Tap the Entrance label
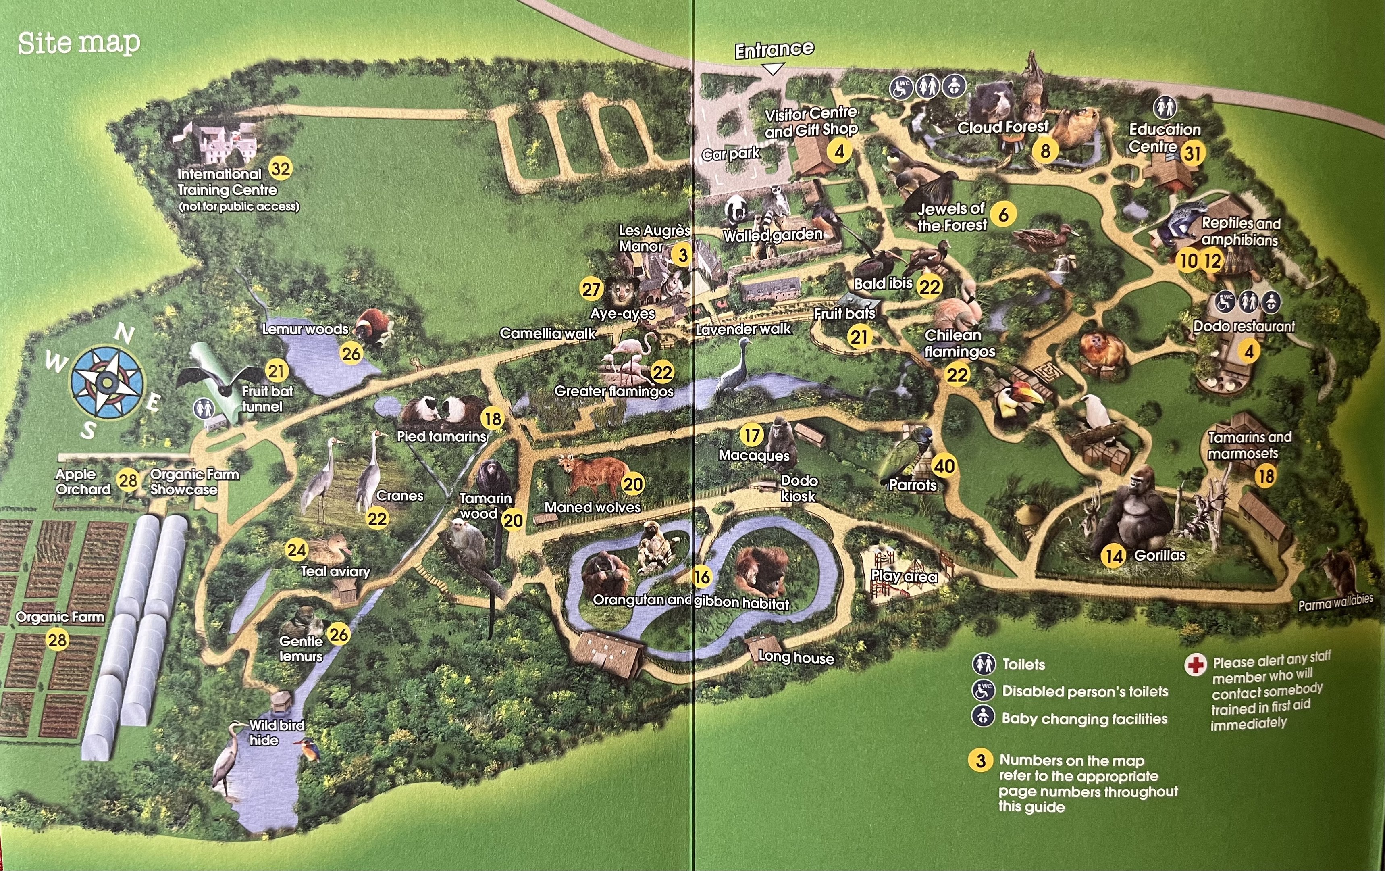click(x=774, y=50)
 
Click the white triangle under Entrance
click(x=772, y=69)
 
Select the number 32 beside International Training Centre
click(x=280, y=169)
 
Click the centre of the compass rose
click(x=106, y=381)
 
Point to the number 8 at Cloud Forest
click(x=1045, y=151)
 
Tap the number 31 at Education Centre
click(x=1192, y=153)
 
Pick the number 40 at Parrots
click(x=944, y=465)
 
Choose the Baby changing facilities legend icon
click(x=983, y=717)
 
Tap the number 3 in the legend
click(x=981, y=761)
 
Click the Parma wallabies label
click(x=1335, y=602)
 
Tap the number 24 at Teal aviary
click(x=296, y=550)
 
